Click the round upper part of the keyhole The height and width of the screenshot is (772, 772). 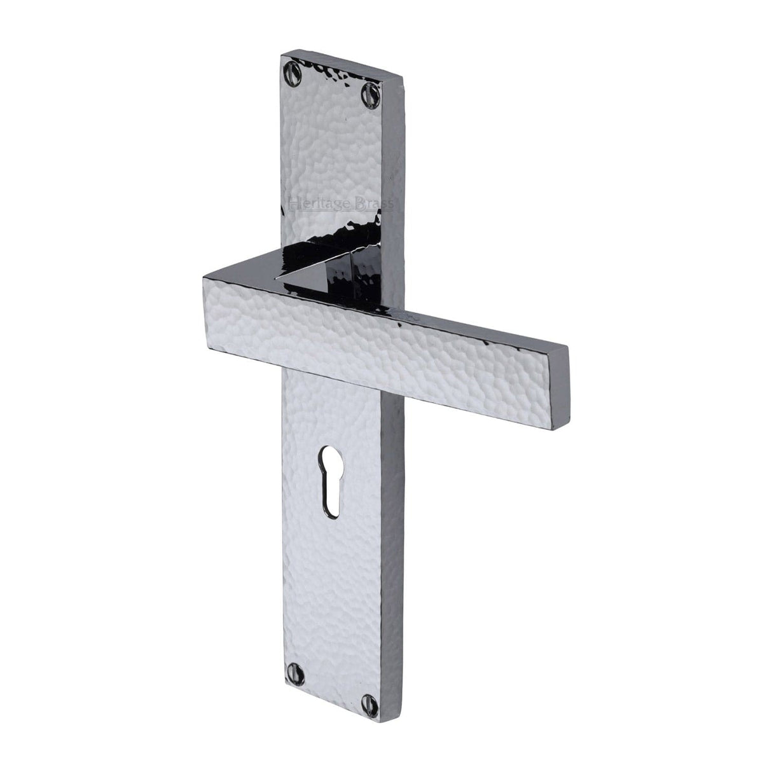331,457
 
